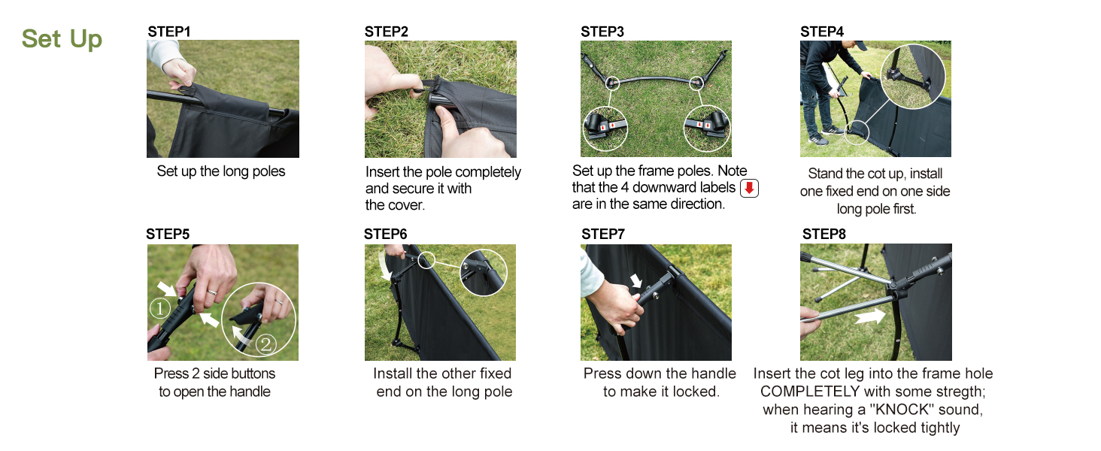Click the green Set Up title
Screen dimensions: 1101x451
pos(62,39)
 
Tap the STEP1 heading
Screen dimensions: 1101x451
pos(169,32)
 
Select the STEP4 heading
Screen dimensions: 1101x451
pos(822,32)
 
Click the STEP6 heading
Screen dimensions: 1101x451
pos(385,234)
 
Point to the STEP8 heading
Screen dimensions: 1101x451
pos(824,234)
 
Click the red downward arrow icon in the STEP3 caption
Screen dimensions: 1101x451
pos(750,188)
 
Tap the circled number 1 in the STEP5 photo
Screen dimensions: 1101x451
pos(159,308)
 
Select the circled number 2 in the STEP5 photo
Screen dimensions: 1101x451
pos(266,344)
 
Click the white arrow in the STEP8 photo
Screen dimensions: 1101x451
pos(869,316)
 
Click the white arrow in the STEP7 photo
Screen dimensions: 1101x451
pos(636,280)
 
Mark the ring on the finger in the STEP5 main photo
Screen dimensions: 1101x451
pos(211,292)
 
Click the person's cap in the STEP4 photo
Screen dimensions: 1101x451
pos(860,45)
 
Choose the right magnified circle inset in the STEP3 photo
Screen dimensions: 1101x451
pos(707,129)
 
